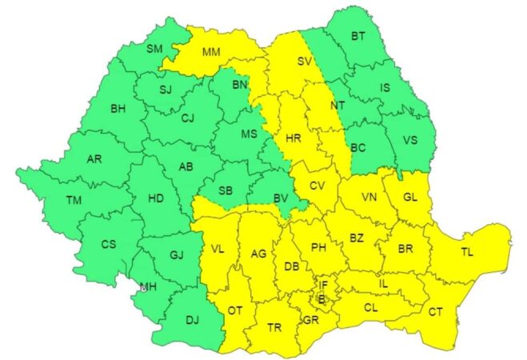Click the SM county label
tap(154, 50)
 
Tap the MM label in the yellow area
tap(211, 54)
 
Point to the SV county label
tap(304, 61)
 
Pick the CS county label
tap(110, 244)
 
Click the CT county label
tap(436, 311)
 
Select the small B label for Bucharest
tap(321, 298)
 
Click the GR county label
tap(311, 320)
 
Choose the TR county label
tap(274, 327)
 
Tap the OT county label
tap(235, 310)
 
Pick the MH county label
tap(148, 286)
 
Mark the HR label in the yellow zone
tap(293, 138)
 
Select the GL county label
tap(409, 198)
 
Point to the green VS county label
tap(410, 140)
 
